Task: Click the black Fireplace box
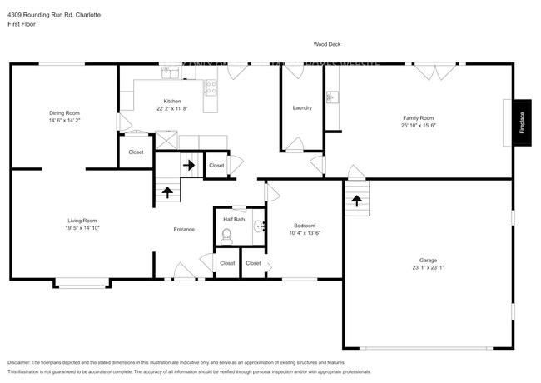point(522,122)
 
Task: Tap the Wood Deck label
point(326,45)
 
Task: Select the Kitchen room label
point(172,102)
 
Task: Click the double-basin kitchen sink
point(171,72)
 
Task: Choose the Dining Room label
point(64,112)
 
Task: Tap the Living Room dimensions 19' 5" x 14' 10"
point(82,227)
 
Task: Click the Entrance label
point(184,229)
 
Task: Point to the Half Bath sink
point(258,225)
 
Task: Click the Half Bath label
point(234,219)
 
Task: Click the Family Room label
point(419,117)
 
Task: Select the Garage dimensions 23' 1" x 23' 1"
point(428,267)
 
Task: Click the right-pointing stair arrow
point(189,165)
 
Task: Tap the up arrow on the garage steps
point(357,200)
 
